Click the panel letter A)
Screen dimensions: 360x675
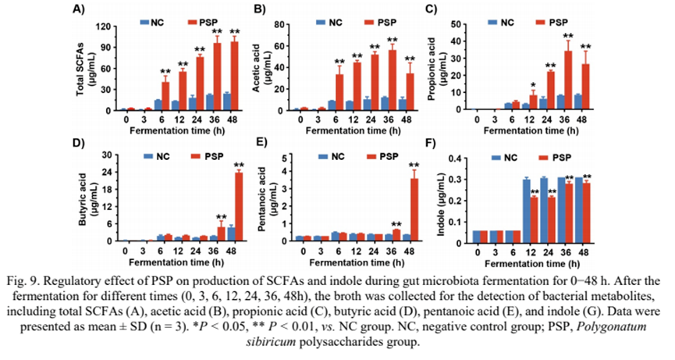tap(78, 10)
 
